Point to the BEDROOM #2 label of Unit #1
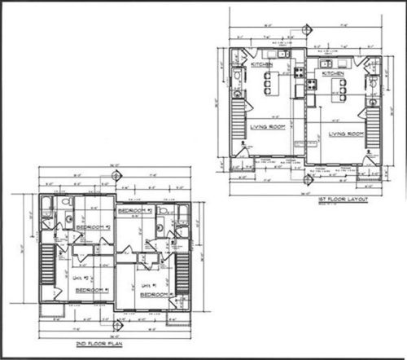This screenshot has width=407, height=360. pyautogui.click(x=136, y=211)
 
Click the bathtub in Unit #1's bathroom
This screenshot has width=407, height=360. pyautogui.click(x=182, y=216)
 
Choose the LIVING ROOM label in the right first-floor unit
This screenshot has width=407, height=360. pyautogui.click(x=345, y=133)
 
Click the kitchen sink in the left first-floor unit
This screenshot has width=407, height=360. pyautogui.click(x=281, y=55)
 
